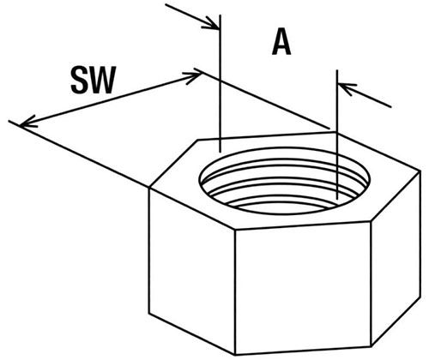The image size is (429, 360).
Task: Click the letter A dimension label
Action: [x=281, y=42]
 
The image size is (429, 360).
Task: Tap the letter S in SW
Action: [x=80, y=80]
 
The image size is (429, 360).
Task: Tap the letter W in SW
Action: [x=102, y=80]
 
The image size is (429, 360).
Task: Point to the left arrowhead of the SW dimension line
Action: [x=28, y=122]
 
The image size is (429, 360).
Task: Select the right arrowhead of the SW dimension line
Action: [x=192, y=77]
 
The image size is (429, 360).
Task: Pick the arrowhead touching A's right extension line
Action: [x=347, y=88]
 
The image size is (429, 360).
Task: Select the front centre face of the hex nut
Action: [x=303, y=288]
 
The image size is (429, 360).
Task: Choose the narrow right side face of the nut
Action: [x=396, y=257]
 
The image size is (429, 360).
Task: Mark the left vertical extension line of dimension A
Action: [x=220, y=83]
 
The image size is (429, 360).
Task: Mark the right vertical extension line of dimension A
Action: [x=337, y=135]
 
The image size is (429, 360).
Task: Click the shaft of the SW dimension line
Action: [x=110, y=99]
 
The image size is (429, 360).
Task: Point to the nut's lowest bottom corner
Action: [x=235, y=355]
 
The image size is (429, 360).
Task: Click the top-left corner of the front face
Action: [x=235, y=229]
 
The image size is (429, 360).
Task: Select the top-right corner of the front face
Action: [x=371, y=221]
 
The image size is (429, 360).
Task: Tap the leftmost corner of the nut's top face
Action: [x=149, y=189]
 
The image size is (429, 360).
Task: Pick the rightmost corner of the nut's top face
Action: [x=420, y=171]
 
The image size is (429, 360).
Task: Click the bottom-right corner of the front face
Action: [x=372, y=346]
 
